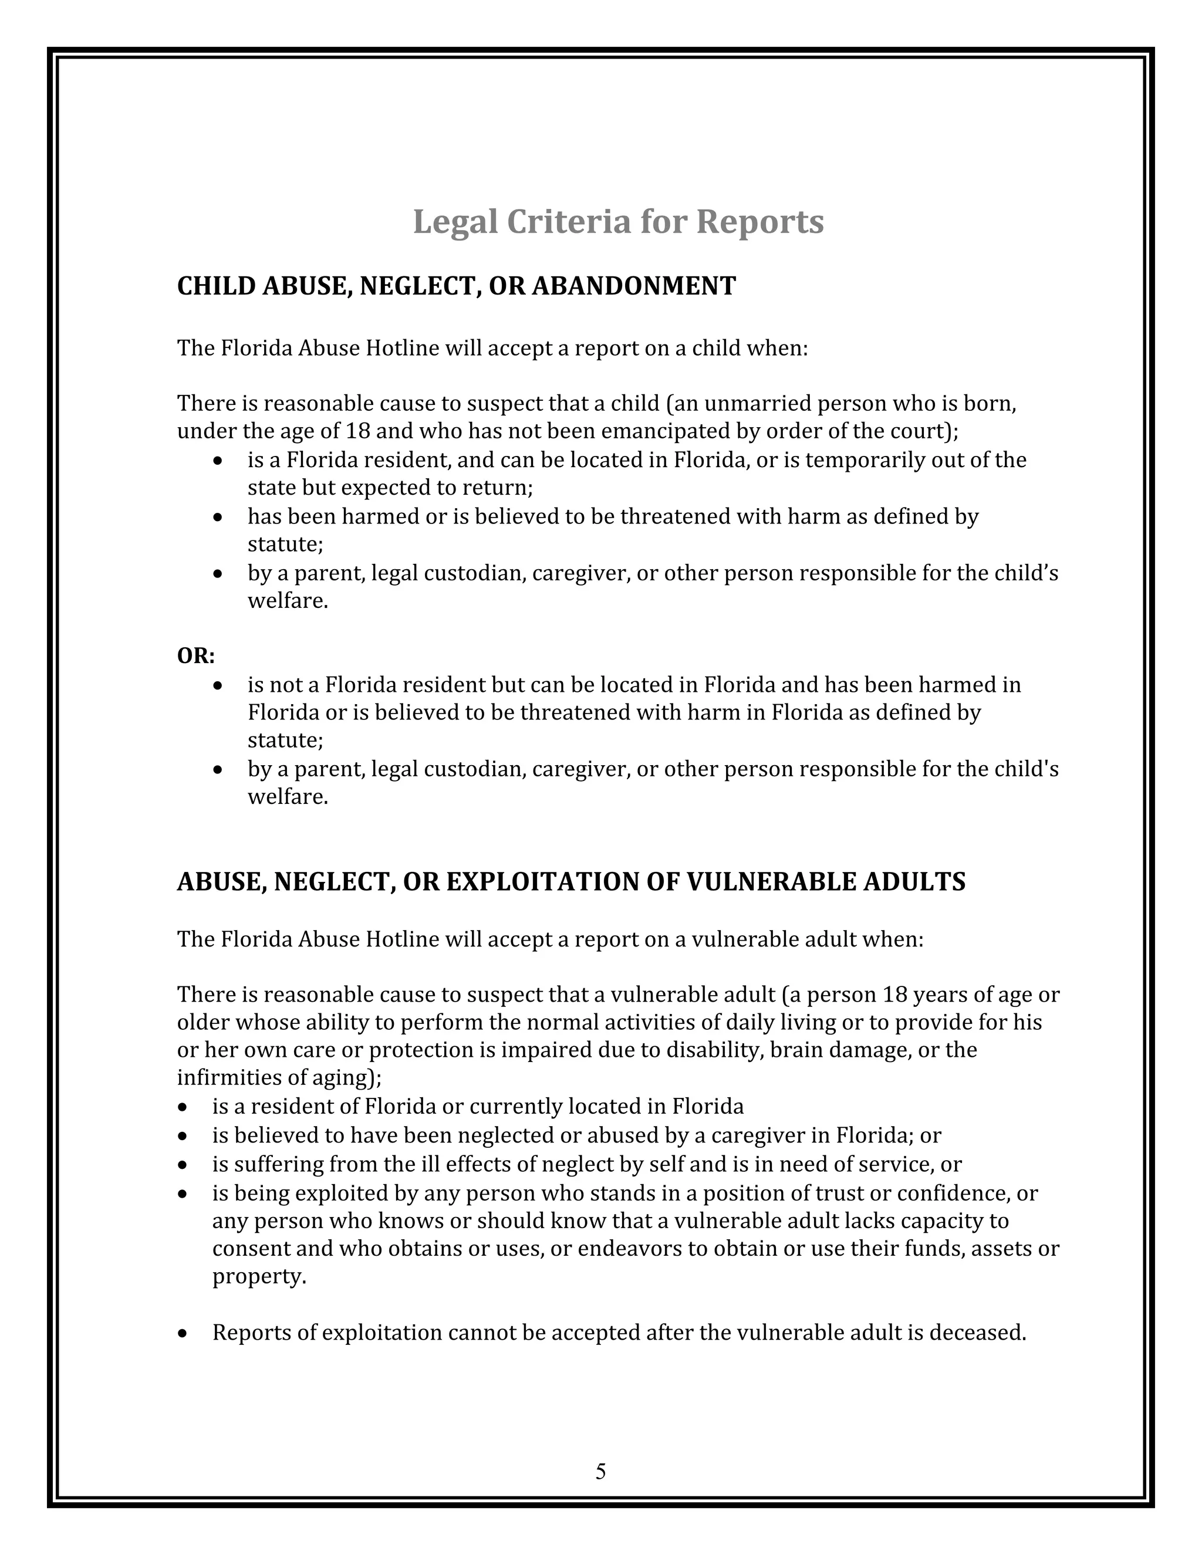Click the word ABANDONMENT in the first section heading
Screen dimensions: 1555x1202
634,286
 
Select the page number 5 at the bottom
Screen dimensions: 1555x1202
600,1471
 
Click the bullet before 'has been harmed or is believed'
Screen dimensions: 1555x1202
218,517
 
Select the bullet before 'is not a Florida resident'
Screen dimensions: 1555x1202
218,685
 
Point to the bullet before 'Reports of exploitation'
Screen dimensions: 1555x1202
184,1333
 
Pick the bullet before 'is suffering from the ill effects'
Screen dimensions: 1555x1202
184,1165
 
